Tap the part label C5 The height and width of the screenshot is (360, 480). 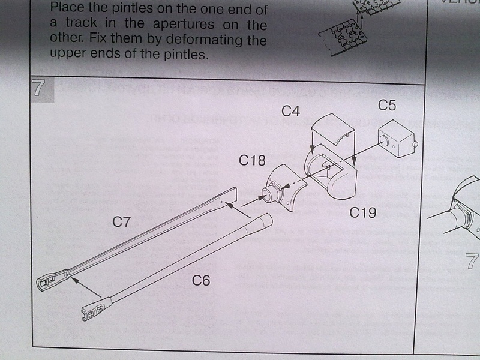387,106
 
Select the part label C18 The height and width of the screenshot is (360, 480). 252,161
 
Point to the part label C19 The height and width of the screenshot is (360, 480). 363,212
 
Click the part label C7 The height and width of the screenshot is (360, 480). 122,221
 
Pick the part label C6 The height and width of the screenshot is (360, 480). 201,280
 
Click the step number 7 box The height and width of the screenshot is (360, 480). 38,88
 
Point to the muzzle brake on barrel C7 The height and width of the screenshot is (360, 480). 53,280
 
